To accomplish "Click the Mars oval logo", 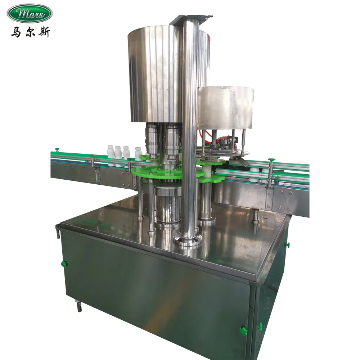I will (x=30, y=13).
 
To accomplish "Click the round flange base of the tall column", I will (x=188, y=239).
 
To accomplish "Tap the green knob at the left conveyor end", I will (x=57, y=149).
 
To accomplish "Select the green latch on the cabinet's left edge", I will (x=64, y=264).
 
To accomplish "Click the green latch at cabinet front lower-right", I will (x=244, y=330).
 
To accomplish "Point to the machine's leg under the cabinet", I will (x=78, y=306).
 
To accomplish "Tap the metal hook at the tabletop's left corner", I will (x=58, y=230).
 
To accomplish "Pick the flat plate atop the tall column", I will (x=191, y=18).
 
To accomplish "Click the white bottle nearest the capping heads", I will (x=138, y=154).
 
